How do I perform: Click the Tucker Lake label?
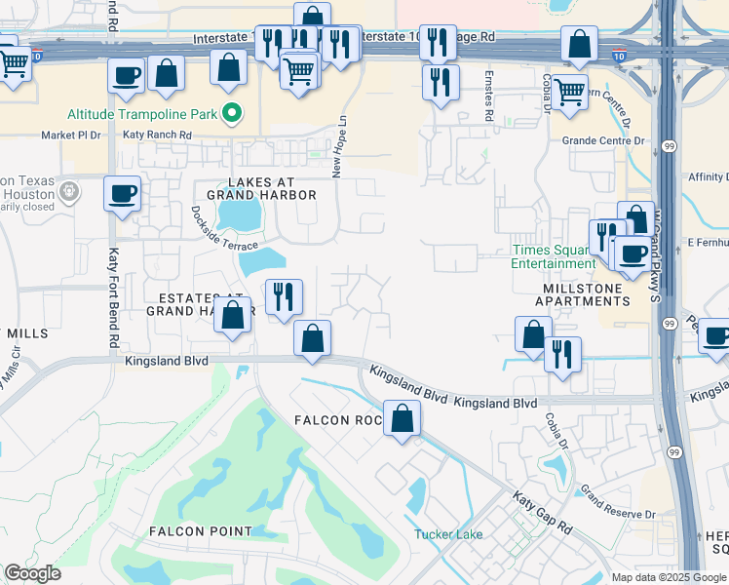[448, 534]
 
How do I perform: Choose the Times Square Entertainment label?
[554, 256]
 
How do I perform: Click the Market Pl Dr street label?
[71, 136]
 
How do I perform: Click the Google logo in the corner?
[32, 573]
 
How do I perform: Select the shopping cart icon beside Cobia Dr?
[570, 91]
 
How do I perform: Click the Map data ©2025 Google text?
[669, 577]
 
